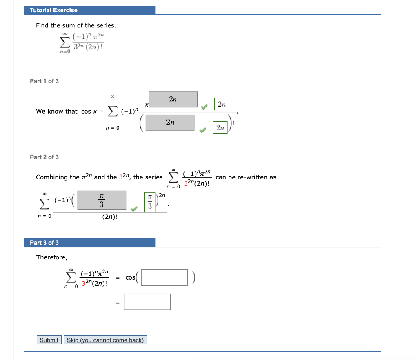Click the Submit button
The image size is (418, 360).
(x=49, y=340)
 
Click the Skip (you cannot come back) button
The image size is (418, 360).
(x=105, y=340)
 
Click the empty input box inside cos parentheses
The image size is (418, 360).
(x=165, y=277)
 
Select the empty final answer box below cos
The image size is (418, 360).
(x=147, y=302)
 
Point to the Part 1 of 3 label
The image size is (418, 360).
(x=44, y=81)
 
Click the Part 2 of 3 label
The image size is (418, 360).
(x=44, y=157)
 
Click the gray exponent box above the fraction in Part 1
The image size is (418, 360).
(x=173, y=99)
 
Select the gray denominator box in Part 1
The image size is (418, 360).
(x=170, y=123)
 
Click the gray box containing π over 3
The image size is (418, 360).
(x=101, y=200)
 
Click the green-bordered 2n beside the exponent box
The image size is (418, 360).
(x=222, y=104)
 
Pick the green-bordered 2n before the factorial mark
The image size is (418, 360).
(x=220, y=128)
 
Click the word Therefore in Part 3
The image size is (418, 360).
(x=51, y=257)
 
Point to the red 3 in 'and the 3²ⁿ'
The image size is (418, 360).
(x=121, y=177)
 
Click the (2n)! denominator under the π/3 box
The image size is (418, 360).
(x=110, y=217)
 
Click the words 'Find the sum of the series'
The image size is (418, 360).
(x=76, y=25)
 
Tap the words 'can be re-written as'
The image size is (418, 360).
(x=246, y=177)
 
